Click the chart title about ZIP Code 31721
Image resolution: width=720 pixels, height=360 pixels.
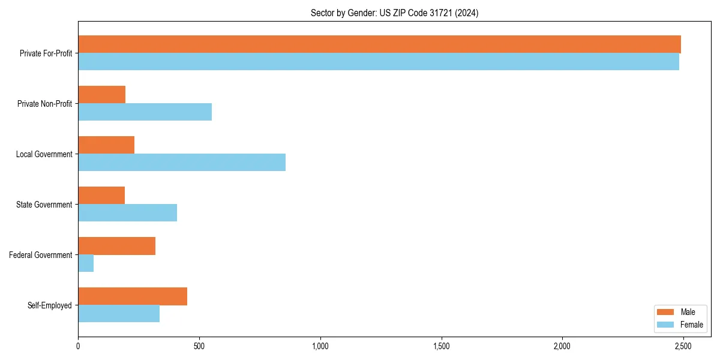coord(394,13)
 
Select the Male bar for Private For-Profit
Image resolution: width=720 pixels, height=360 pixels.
coord(379,44)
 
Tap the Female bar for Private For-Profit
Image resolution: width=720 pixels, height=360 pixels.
coord(378,62)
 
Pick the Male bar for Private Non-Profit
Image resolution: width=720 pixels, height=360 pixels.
coord(101,95)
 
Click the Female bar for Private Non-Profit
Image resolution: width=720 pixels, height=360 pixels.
coord(145,112)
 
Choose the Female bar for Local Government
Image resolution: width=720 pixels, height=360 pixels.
coord(182,163)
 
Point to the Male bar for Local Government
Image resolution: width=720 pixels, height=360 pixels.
coord(106,145)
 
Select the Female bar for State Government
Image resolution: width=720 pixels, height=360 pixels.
coord(127,213)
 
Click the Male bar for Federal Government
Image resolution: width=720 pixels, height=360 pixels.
coord(116,246)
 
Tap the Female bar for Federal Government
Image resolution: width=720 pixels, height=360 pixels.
coord(86,263)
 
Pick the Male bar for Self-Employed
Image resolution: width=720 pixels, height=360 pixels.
coord(133,296)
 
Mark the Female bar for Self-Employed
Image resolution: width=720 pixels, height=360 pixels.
coord(119,314)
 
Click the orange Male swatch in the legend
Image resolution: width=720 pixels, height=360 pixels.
coord(666,312)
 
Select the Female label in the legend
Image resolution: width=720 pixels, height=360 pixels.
coord(692,325)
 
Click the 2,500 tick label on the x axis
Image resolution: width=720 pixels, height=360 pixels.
coord(683,346)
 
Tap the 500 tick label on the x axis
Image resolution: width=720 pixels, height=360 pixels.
coord(199,346)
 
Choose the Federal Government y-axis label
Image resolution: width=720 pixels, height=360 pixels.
coord(41,255)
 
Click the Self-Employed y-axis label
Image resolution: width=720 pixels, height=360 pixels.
coord(50,305)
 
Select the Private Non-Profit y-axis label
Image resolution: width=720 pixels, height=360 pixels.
coord(44,104)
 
